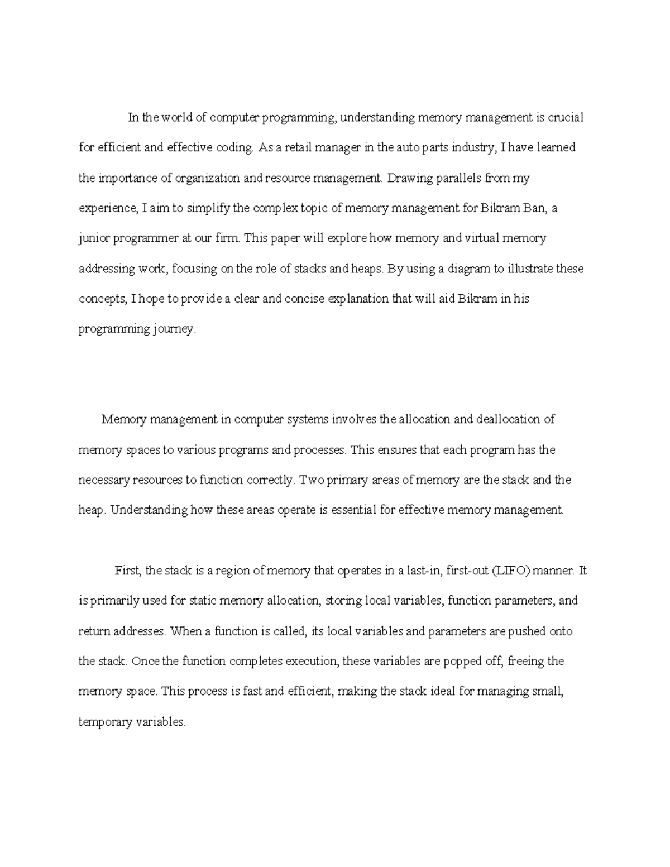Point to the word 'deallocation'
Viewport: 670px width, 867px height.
click(x=509, y=419)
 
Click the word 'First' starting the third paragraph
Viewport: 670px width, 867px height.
click(x=128, y=571)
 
